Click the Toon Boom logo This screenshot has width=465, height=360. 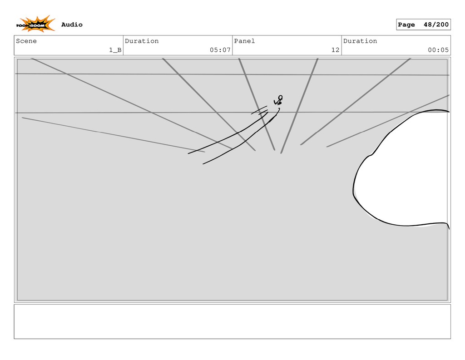[x=35, y=24]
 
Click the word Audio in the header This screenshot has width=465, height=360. [x=72, y=25]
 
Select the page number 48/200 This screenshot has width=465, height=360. [x=436, y=25]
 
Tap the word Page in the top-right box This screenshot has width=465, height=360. [x=406, y=25]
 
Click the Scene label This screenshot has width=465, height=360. [x=26, y=41]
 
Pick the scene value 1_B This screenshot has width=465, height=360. [x=115, y=50]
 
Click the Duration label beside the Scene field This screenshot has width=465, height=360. [x=142, y=41]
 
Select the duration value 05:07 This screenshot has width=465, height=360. [x=220, y=50]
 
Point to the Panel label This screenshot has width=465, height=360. [x=244, y=41]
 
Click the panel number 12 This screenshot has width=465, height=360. [x=335, y=50]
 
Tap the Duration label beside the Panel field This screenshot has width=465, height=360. [x=360, y=41]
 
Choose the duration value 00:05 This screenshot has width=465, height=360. [x=438, y=50]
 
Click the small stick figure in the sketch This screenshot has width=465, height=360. [x=278, y=101]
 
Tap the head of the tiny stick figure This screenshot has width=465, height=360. [x=280, y=97]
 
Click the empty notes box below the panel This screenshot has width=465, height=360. [x=232, y=321]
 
